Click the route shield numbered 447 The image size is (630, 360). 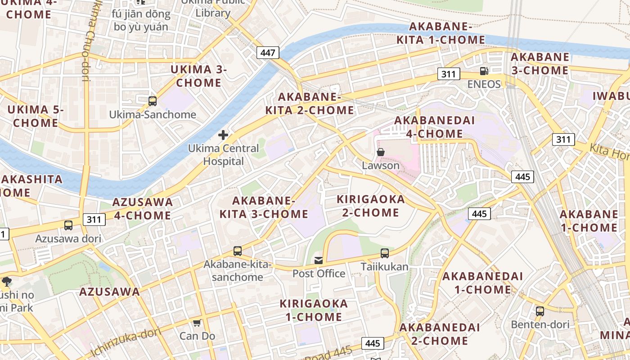click(x=268, y=53)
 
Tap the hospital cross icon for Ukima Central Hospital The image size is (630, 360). click(x=223, y=135)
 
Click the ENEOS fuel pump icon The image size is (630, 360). click(x=484, y=71)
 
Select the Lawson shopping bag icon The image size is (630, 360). click(x=381, y=152)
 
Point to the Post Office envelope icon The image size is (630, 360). click(x=319, y=260)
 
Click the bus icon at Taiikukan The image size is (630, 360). click(x=385, y=253)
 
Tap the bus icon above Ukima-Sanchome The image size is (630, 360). click(x=153, y=101)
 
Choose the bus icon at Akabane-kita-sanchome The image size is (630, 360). click(x=237, y=251)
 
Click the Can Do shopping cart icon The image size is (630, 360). click(x=197, y=323)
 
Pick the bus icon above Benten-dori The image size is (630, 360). click(x=540, y=311)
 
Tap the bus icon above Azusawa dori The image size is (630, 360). click(x=68, y=225)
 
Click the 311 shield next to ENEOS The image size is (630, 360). click(x=448, y=74)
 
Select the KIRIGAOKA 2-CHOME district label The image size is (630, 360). click(x=371, y=206)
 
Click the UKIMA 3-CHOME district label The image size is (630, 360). click(x=198, y=76)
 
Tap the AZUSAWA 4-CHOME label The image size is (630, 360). click(x=142, y=208)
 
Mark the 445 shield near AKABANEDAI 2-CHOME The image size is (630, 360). click(x=373, y=343)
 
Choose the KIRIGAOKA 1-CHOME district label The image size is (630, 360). click(x=314, y=310)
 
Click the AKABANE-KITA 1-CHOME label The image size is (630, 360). click(x=441, y=33)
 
